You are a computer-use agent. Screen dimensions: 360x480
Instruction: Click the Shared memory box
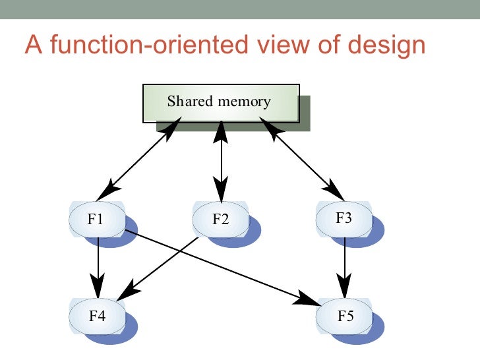tap(221, 103)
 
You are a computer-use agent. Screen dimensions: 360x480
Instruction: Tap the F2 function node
tap(221, 219)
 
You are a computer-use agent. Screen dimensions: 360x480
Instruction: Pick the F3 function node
tap(344, 218)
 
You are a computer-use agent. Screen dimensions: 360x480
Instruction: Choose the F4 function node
tap(97, 315)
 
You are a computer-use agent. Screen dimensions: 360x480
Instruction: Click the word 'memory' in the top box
tap(246, 102)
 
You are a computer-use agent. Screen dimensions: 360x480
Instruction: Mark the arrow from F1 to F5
tap(218, 265)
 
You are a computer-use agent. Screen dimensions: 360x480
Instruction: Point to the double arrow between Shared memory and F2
tap(221, 162)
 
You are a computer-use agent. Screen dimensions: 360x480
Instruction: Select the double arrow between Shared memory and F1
tap(138, 162)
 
